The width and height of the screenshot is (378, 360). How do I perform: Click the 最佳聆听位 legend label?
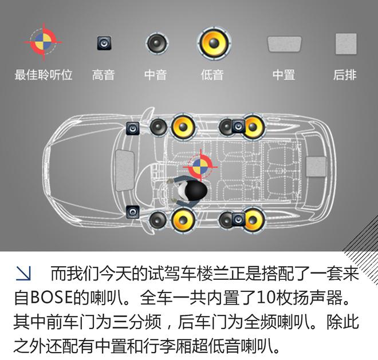point(44,75)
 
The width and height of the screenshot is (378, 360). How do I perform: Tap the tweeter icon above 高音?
point(104,42)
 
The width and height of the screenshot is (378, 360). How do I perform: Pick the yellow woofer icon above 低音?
point(214,42)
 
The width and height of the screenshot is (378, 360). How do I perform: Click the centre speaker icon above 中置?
point(284,44)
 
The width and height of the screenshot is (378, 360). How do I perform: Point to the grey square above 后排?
point(345,43)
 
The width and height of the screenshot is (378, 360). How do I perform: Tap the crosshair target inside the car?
point(200,165)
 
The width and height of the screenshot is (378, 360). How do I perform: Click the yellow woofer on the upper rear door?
point(253,126)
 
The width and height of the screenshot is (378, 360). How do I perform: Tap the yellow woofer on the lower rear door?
point(253,219)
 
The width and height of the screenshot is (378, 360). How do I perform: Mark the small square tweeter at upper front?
point(133,129)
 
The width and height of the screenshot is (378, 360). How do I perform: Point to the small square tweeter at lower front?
point(133,212)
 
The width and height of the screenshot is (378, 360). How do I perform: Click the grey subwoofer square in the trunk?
point(316,166)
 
